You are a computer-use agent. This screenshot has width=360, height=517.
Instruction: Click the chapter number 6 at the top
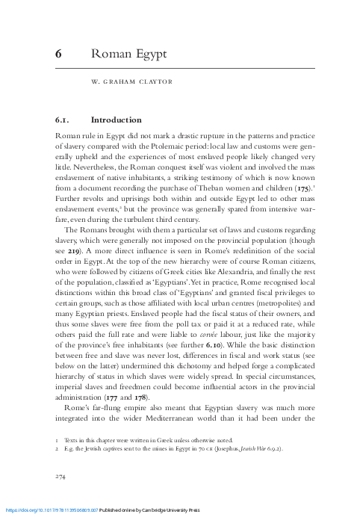pyautogui.click(x=59, y=54)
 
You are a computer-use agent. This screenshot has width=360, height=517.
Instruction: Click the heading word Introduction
pyautogui.click(x=116, y=120)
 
